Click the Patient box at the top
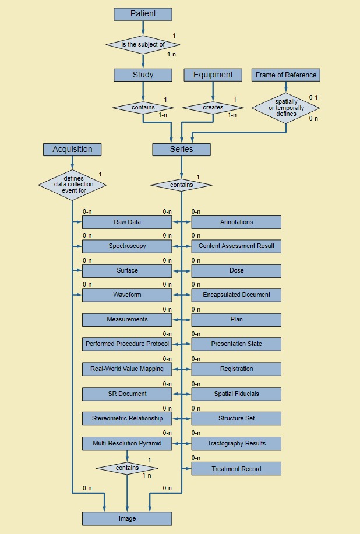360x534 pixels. [143, 14]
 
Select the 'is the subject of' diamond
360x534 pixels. [143, 44]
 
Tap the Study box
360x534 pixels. [143, 75]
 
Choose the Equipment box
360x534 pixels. [213, 75]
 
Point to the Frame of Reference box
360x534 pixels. [285, 75]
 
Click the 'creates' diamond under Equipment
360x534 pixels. [213, 108]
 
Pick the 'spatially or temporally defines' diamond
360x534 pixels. [285, 108]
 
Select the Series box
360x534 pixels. [181, 150]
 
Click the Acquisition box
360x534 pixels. [72, 150]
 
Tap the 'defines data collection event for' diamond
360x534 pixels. [72, 185]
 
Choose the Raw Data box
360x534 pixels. [127, 222]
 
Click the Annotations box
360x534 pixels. [236, 222]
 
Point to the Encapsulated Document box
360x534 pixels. [236, 295]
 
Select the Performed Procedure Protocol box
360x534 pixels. [127, 344]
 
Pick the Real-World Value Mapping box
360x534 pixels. [127, 369]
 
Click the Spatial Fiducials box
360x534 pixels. [236, 394]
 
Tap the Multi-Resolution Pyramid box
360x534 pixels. [127, 444]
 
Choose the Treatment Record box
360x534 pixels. [236, 469]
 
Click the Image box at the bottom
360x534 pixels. [127, 519]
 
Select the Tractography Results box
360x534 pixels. [236, 444]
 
